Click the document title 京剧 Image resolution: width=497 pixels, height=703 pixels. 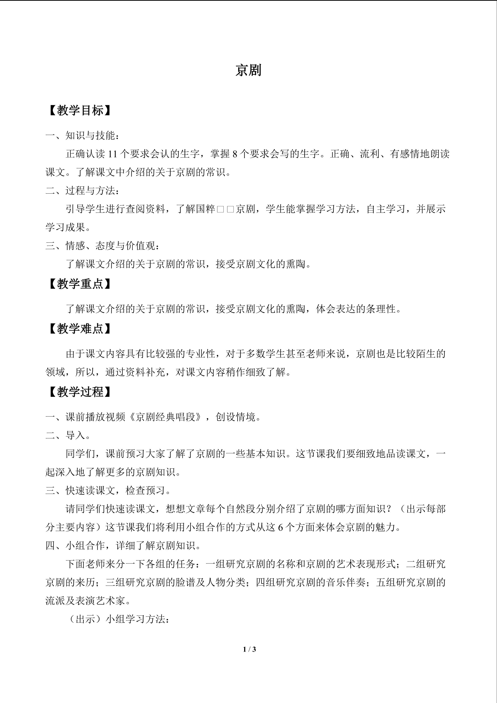pyautogui.click(x=248, y=70)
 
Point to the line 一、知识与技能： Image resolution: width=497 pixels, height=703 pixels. pyautogui.click(x=82, y=135)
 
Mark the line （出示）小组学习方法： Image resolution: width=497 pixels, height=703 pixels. pyautogui.click(x=118, y=619)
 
